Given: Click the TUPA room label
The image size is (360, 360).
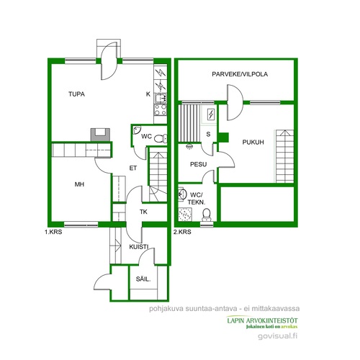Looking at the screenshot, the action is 76,94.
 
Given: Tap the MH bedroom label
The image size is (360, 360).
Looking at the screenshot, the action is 79,184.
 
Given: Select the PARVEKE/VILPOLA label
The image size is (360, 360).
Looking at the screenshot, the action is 240,74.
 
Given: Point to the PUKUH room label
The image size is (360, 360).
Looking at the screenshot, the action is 253,142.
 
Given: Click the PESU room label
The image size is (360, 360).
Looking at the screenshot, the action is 198,164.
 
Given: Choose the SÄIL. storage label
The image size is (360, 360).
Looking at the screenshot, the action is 143,279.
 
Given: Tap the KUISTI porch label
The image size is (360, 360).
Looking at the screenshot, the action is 139,247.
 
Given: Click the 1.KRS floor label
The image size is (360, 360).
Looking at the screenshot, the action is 53,232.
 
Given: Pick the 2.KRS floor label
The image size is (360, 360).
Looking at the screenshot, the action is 182,232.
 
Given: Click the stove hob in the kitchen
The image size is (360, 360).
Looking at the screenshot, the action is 161,110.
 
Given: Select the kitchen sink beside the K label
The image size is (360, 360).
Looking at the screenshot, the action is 161,99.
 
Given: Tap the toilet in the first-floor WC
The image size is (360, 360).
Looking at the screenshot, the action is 161,138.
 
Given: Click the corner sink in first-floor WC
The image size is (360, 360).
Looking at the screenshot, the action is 137,130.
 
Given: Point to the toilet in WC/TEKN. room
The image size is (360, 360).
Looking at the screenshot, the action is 207,214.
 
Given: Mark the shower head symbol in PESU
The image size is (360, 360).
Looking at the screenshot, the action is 189,146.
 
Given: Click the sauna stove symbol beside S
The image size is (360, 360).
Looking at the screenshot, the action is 211,114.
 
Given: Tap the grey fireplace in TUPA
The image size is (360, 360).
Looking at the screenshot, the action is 100,135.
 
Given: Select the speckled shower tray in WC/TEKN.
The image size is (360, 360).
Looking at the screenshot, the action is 185,215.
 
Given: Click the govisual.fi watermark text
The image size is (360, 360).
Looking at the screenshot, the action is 278,336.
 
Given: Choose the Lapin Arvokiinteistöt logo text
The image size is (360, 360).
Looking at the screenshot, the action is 262,320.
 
